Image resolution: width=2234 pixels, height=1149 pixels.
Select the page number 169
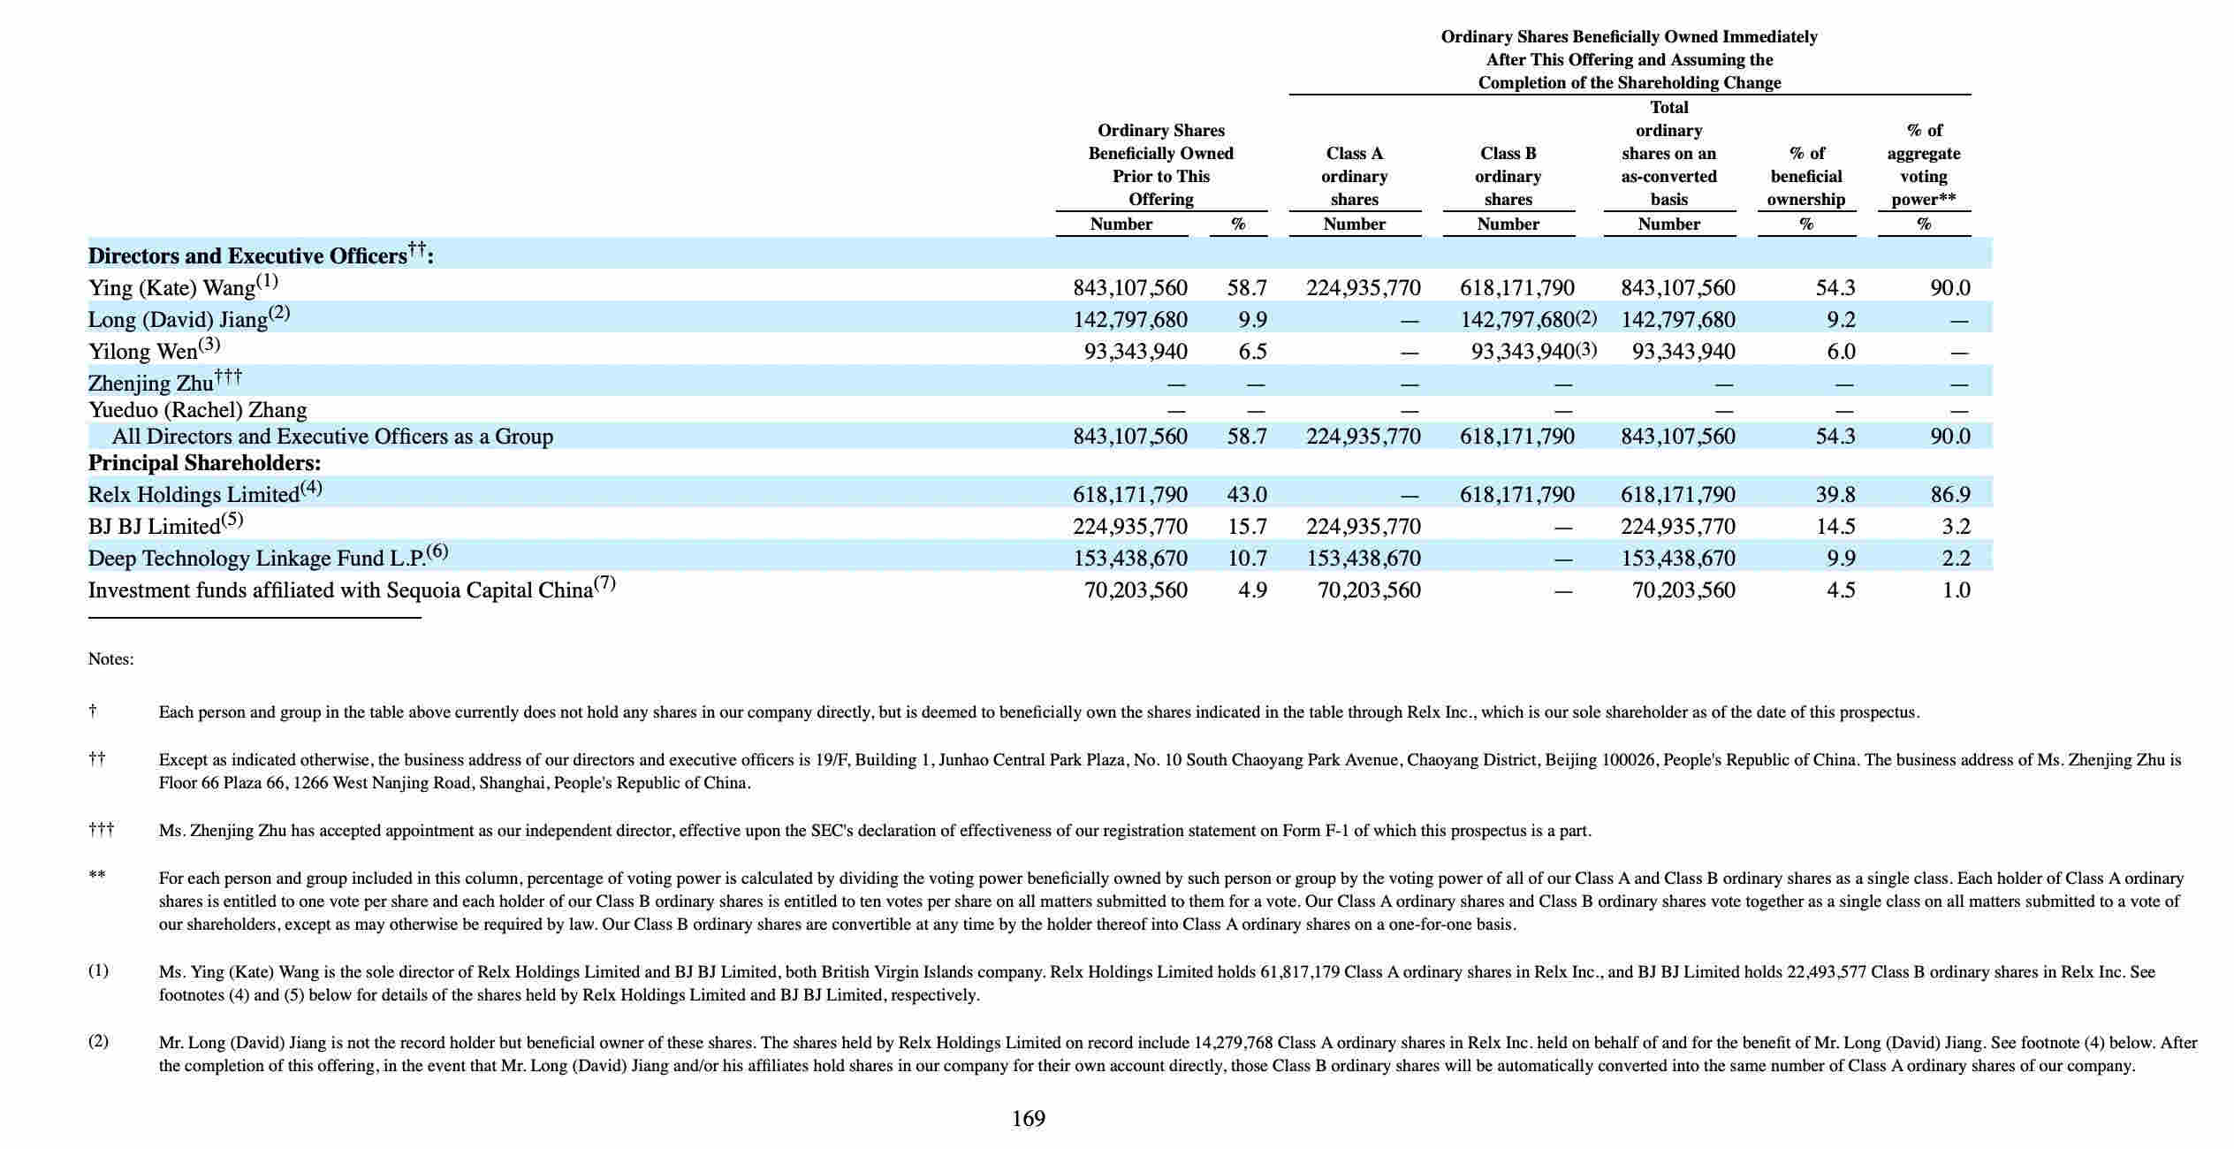tap(1029, 1119)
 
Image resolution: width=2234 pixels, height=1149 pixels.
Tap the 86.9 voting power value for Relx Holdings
tap(1949, 494)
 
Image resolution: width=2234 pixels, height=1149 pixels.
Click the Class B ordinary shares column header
tap(1508, 177)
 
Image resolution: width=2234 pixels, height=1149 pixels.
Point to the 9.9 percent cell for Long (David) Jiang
tap(1252, 319)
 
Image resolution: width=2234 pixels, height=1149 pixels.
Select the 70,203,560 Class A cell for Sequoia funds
tap(1369, 590)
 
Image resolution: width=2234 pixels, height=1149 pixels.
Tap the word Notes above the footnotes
tap(110, 659)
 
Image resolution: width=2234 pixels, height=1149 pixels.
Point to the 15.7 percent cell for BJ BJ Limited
tap(1247, 526)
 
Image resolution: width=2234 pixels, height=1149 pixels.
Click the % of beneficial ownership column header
tap(1806, 177)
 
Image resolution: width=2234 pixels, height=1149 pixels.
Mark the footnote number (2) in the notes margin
tap(98, 1041)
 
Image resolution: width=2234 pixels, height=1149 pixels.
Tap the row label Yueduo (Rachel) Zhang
tap(197, 410)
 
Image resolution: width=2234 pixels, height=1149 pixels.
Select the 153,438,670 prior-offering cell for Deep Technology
tap(1130, 558)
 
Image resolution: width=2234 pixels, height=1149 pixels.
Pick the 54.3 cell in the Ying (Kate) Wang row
tap(1835, 287)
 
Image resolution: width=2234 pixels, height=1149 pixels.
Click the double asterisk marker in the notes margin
tap(97, 877)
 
